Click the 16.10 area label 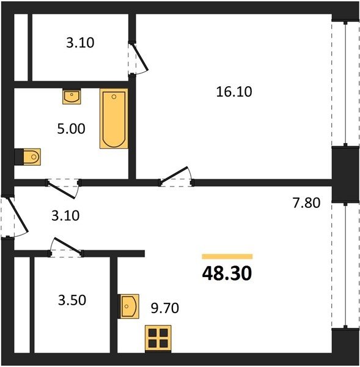tap(234, 92)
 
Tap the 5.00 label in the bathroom tap(71, 128)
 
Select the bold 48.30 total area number tap(227, 273)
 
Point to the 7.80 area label tap(306, 202)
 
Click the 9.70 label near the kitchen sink tap(165, 308)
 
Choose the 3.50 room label tap(72, 300)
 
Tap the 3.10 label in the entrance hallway tap(65, 215)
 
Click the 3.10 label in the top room tap(80, 43)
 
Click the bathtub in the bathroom tap(114, 119)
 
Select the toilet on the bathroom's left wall tap(32, 157)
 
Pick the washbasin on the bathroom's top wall tap(72, 96)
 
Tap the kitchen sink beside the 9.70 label tap(130, 306)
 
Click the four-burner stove tap(158, 338)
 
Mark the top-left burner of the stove tap(153, 333)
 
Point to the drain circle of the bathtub tap(114, 97)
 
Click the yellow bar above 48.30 tap(227, 256)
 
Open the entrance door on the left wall tap(18, 215)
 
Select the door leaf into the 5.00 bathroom tap(62, 190)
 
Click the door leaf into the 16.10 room tap(174, 175)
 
